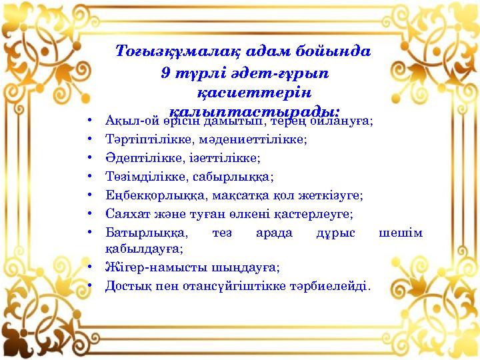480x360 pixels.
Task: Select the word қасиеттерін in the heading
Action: [254, 91]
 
